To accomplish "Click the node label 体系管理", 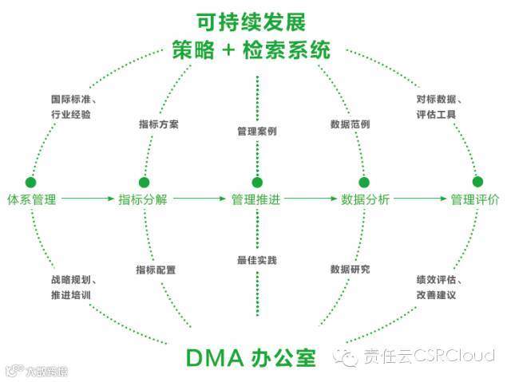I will click(x=31, y=199).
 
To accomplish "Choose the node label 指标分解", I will click(x=143, y=199).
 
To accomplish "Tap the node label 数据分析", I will click(x=365, y=199).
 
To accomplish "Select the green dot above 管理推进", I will click(x=256, y=182).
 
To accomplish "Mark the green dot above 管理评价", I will click(x=477, y=181).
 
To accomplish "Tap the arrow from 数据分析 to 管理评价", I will click(x=419, y=199).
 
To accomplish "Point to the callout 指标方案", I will click(x=159, y=125).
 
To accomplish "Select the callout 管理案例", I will click(x=256, y=130).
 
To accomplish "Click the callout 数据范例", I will click(x=350, y=125).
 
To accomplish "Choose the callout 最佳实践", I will click(x=256, y=260).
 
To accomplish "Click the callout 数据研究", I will click(x=350, y=270).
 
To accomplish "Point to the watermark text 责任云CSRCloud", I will click(x=429, y=356).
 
